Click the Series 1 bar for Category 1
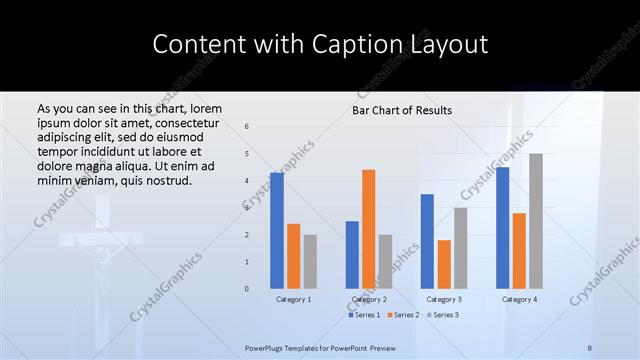point(277,230)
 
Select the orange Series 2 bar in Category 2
point(369,228)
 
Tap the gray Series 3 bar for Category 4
point(536,221)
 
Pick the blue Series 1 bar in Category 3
point(427,241)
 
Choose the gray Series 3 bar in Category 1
point(310,261)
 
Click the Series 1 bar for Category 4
point(502,227)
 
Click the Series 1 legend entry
point(364,315)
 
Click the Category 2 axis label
point(369,299)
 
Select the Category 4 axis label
point(519,299)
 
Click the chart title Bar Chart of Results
point(402,110)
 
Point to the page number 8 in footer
point(590,347)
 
